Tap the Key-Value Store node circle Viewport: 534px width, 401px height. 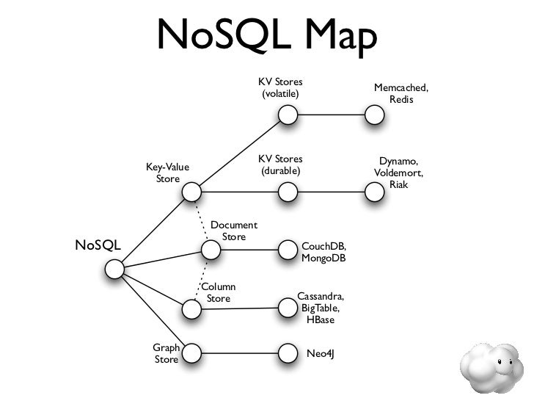pyautogui.click(x=191, y=192)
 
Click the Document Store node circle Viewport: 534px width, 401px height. pyautogui.click(x=211, y=250)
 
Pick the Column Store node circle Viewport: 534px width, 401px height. pyautogui.click(x=191, y=310)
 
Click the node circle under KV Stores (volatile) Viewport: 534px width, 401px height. pyautogui.click(x=288, y=115)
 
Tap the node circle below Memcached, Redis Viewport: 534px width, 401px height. pyautogui.click(x=375, y=115)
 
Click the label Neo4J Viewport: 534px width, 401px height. pyautogui.click(x=320, y=354)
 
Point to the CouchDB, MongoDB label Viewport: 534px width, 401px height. pyautogui.click(x=323, y=253)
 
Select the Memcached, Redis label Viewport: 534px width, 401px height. pyautogui.click(x=400, y=93)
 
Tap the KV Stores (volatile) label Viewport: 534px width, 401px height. pyautogui.click(x=280, y=87)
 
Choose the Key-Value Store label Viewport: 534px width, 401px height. pyautogui.click(x=167, y=173)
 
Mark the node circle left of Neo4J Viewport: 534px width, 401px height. pyautogui.click(x=288, y=354)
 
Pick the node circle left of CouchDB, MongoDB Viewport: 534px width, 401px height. pyautogui.click(x=288, y=250)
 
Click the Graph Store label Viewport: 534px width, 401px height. pyautogui.click(x=166, y=353)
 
